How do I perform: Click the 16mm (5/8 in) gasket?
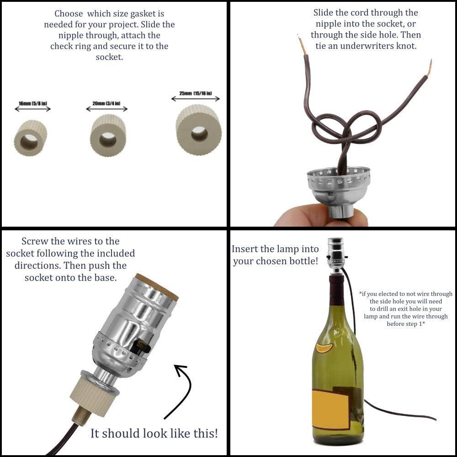(31, 138)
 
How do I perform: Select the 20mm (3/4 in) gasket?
(108, 136)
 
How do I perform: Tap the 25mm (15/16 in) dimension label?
(196, 94)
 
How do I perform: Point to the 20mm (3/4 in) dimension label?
(106, 104)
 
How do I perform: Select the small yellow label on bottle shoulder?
(324, 348)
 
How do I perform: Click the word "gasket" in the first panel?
(149, 14)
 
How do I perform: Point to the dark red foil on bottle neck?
(337, 290)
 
